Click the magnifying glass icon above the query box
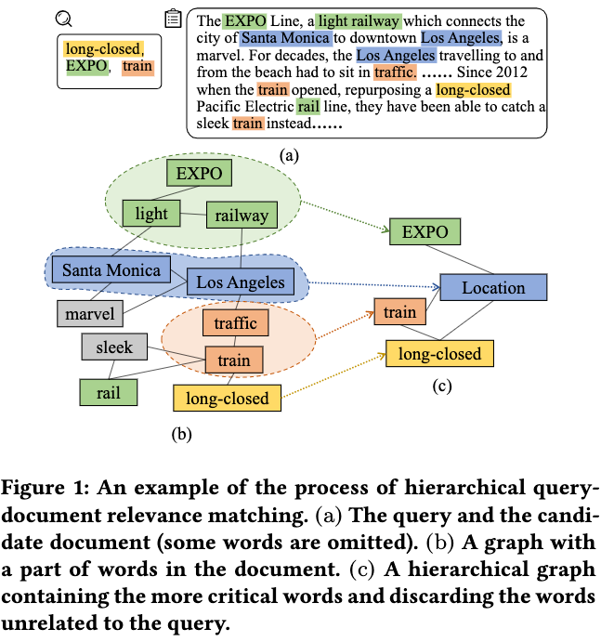click(x=64, y=18)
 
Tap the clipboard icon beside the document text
click(x=173, y=19)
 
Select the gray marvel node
click(x=90, y=313)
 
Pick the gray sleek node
click(x=114, y=348)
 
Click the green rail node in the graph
click(x=109, y=392)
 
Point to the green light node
click(x=151, y=214)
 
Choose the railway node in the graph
click(x=242, y=216)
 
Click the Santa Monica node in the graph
click(x=112, y=271)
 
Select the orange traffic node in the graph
click(x=235, y=323)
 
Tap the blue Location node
click(x=493, y=288)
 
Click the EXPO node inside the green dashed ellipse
click(x=199, y=173)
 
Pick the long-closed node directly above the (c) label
click(x=439, y=353)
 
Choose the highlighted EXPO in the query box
click(x=85, y=67)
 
